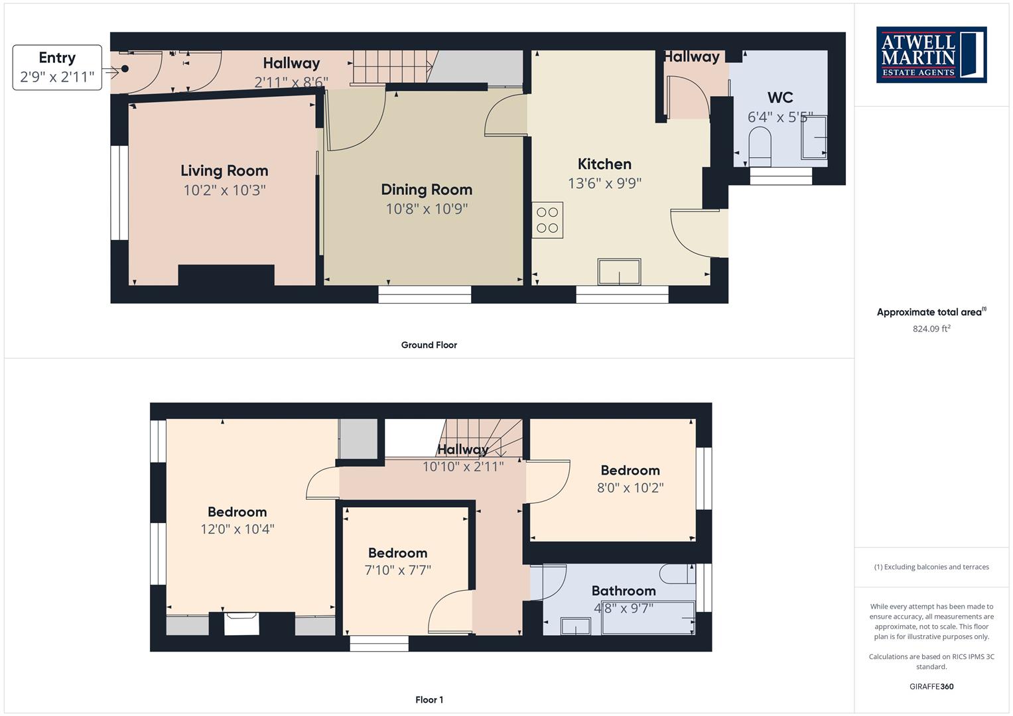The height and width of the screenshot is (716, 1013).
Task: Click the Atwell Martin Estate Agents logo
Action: click(x=931, y=54)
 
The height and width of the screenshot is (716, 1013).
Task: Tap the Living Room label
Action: click(x=224, y=171)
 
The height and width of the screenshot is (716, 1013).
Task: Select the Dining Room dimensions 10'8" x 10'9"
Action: click(x=427, y=209)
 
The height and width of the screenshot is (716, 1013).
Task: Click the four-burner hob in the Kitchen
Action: click(x=547, y=220)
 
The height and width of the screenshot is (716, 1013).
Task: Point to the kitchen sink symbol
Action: click(x=619, y=272)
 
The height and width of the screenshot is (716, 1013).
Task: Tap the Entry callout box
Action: click(x=57, y=68)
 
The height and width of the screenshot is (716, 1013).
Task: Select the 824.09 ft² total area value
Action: click(x=931, y=329)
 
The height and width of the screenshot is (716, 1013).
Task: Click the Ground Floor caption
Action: click(x=429, y=345)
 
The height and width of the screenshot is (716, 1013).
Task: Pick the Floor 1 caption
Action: click(x=429, y=699)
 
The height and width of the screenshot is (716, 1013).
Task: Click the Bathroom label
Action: click(x=624, y=591)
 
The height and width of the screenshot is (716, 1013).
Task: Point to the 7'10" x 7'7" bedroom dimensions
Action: click(x=398, y=570)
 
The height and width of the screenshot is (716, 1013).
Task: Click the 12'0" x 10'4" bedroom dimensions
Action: click(x=237, y=529)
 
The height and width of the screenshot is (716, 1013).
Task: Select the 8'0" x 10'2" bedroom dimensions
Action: click(x=630, y=488)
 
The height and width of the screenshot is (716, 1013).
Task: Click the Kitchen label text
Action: click(x=604, y=164)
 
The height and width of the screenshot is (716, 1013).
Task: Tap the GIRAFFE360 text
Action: click(x=931, y=687)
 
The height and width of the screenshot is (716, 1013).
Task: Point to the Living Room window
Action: click(x=119, y=192)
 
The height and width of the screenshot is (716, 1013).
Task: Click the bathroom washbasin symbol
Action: click(x=576, y=626)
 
